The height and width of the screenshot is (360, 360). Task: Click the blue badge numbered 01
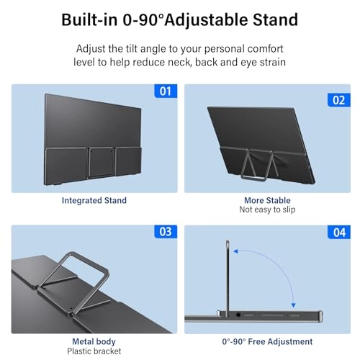[x=165, y=92]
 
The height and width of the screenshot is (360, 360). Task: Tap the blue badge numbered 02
[x=338, y=99]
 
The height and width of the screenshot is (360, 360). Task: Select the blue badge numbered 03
[x=165, y=233]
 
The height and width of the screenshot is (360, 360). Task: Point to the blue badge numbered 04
[x=338, y=233]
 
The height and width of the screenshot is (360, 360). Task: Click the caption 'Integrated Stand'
[x=94, y=200]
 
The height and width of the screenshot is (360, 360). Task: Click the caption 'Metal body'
[x=94, y=341]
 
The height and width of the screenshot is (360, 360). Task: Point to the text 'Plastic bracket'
[x=94, y=351]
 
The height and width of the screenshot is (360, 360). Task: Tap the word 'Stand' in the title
[x=275, y=19]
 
